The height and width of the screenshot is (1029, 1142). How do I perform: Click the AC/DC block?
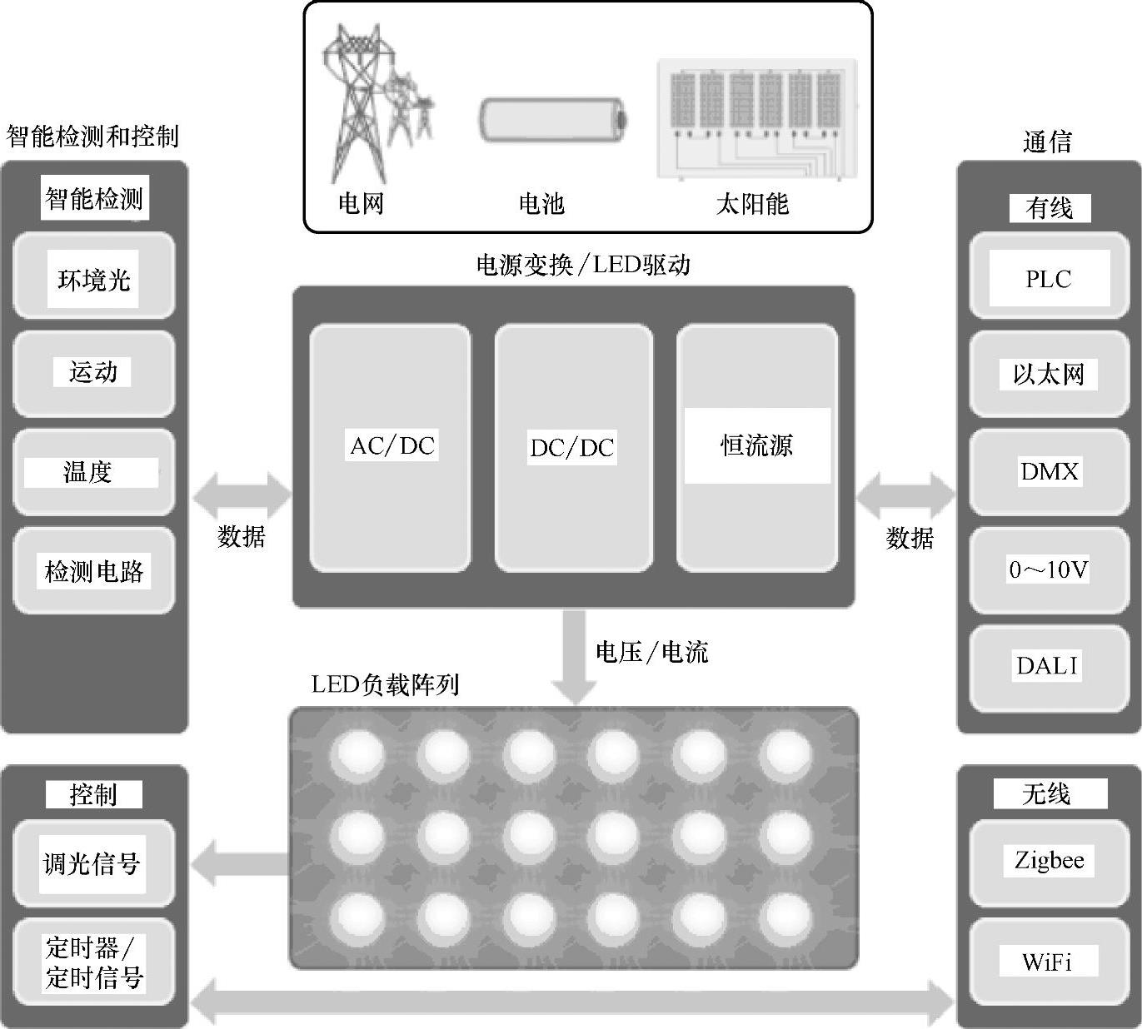391,447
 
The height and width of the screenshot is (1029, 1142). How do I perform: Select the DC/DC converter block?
573,447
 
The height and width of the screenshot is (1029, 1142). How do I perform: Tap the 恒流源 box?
756,447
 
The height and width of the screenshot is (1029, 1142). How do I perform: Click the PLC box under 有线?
1048,278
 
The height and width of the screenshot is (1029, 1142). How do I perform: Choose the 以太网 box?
1048,375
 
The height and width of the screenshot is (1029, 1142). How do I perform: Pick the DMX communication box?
1048,472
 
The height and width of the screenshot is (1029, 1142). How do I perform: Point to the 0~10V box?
1048,569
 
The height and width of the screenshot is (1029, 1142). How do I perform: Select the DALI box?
1048,666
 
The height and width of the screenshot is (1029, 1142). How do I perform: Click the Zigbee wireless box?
1048,861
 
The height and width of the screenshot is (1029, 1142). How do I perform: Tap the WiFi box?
1048,962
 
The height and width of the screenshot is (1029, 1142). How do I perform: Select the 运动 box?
94,373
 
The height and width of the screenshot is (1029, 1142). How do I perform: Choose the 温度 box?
94,472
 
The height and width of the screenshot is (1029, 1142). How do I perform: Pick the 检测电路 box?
94,571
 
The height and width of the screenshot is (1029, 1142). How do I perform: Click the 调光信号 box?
94,863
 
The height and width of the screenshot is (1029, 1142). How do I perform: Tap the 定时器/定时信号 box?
94,962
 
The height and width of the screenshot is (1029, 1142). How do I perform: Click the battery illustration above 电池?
551,120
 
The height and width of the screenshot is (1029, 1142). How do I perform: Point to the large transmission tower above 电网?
354,104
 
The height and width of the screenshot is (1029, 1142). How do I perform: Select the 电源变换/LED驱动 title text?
583,265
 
